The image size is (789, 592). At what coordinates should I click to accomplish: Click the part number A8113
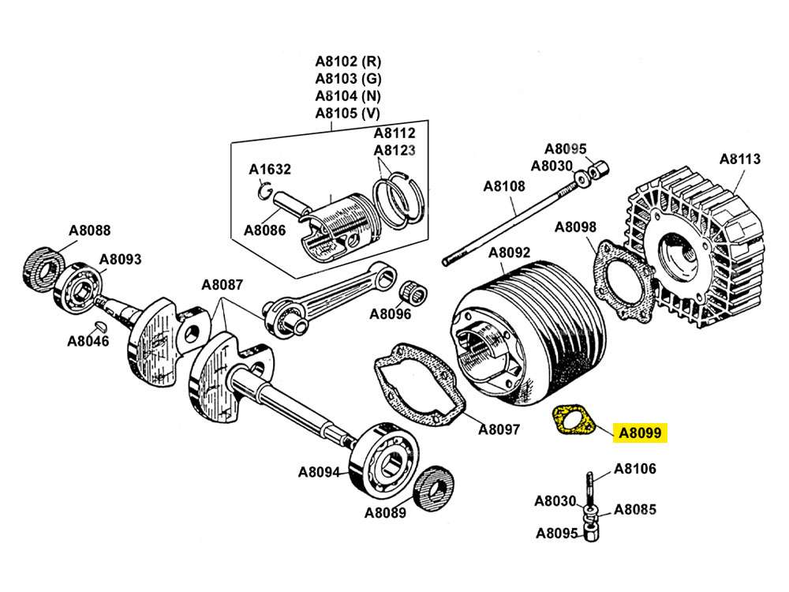[739, 159]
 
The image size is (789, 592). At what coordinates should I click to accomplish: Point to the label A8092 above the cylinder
[509, 253]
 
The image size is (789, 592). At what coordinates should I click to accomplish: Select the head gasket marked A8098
[623, 279]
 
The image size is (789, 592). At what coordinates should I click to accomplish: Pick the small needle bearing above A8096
[414, 292]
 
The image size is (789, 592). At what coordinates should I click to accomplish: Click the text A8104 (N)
[347, 96]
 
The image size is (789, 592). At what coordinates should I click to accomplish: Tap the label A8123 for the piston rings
[394, 150]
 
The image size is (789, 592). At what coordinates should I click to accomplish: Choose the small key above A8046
[99, 325]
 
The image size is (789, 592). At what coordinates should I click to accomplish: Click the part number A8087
[222, 285]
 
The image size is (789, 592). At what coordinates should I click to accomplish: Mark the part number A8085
[635, 509]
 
